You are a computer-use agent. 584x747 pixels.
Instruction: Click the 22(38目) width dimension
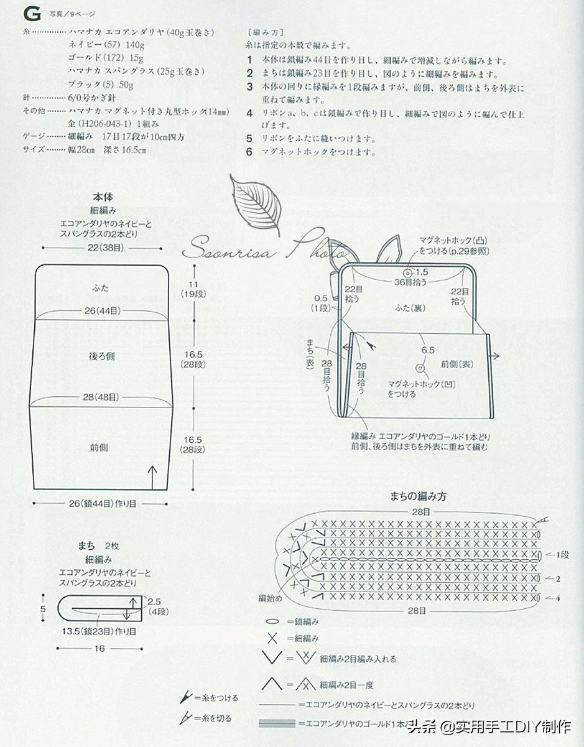(x=103, y=247)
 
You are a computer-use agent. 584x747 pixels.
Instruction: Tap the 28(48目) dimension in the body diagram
(x=103, y=397)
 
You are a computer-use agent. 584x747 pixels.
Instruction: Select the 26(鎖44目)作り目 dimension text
(x=103, y=503)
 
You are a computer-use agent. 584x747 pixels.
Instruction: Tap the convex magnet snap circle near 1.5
(x=407, y=272)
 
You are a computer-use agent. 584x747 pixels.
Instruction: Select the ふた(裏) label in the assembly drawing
(x=409, y=307)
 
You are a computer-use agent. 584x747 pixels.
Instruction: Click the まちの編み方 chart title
(x=417, y=496)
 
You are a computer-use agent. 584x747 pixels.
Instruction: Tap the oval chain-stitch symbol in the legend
(x=272, y=621)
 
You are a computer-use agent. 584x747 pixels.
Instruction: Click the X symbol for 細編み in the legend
(x=272, y=638)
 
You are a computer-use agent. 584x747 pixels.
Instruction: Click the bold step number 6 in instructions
(x=249, y=151)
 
